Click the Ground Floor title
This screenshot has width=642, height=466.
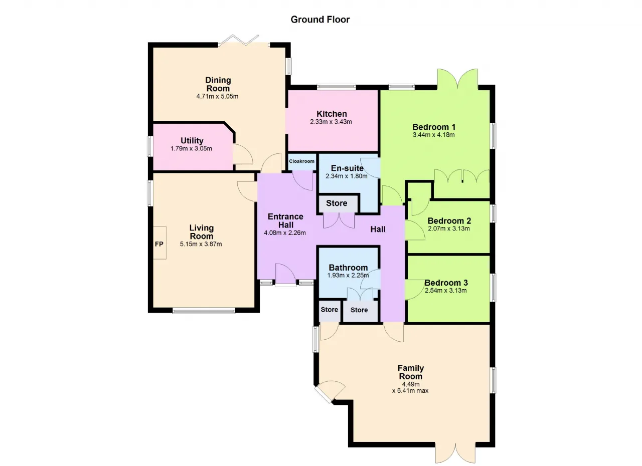(320, 20)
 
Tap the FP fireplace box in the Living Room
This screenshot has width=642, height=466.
(159, 243)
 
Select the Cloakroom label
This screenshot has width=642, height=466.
(301, 161)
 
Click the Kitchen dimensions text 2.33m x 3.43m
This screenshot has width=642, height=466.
(331, 122)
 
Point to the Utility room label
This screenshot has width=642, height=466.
(192, 140)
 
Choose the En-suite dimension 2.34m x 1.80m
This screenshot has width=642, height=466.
(346, 176)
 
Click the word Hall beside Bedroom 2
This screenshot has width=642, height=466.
(378, 229)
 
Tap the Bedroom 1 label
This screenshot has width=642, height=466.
(434, 127)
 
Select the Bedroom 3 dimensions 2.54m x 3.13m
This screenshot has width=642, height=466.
(446, 291)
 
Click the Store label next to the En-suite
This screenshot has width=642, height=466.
(337, 203)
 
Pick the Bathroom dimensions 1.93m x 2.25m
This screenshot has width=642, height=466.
(348, 276)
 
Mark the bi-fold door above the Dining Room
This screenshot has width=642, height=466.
(244, 41)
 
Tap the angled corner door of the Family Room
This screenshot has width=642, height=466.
(330, 391)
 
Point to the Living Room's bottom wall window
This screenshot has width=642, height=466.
(204, 310)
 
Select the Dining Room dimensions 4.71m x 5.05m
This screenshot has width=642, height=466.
(217, 97)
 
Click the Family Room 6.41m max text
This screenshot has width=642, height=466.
(410, 391)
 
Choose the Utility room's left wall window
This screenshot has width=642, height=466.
(150, 146)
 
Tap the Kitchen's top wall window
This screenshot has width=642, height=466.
(336, 87)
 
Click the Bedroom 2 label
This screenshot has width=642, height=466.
(449, 220)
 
